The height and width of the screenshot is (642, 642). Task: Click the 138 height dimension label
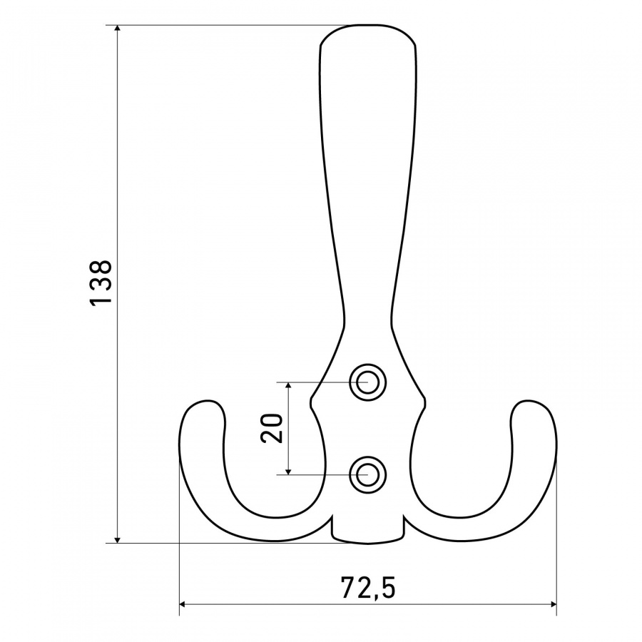[x=100, y=282]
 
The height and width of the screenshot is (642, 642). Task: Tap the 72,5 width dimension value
[x=368, y=588]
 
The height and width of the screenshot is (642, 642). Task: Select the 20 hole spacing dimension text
[x=272, y=428]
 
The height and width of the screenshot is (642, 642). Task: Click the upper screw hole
[x=367, y=382]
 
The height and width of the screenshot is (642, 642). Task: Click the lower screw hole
[x=367, y=475]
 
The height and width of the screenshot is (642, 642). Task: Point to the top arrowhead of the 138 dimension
[x=118, y=29]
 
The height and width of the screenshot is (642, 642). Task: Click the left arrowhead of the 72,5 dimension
[x=184, y=604]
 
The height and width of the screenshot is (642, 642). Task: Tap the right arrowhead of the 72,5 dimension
[x=552, y=604]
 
